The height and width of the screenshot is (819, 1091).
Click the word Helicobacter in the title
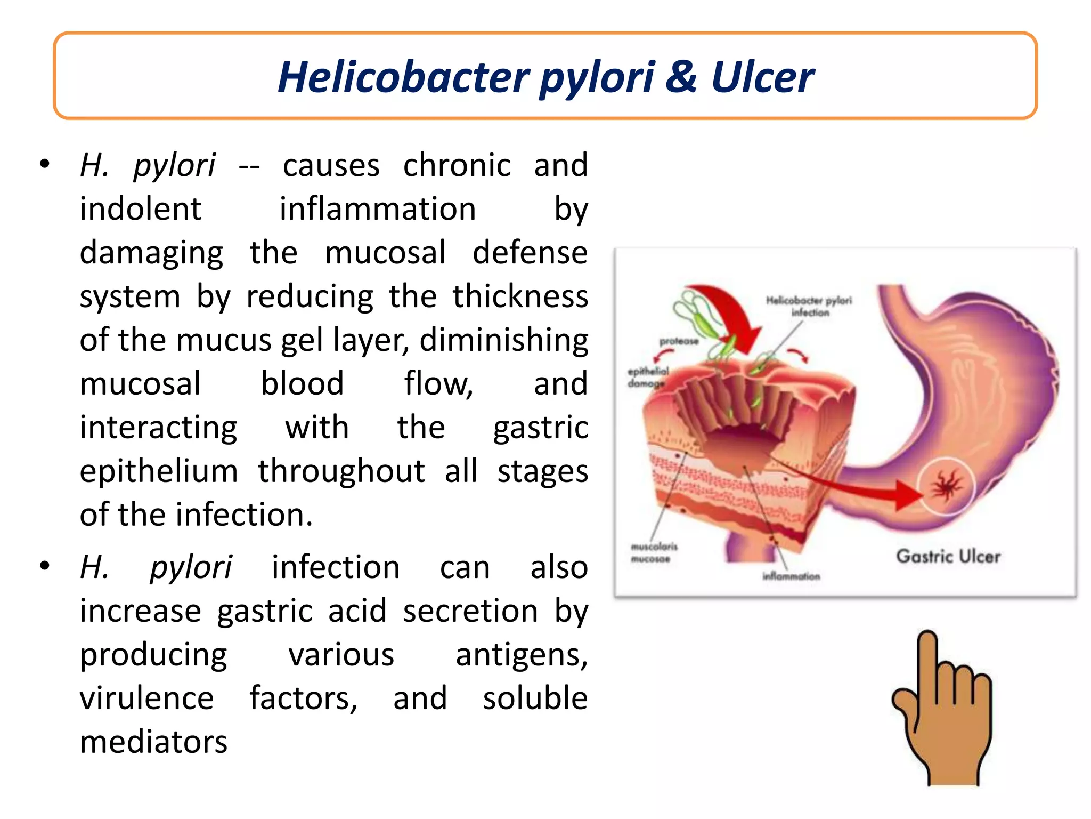click(403, 77)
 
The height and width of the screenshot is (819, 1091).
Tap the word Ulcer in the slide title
click(762, 77)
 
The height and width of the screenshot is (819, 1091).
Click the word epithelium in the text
click(159, 471)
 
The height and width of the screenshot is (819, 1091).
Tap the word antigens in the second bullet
click(522, 655)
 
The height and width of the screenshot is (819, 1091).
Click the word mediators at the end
click(154, 742)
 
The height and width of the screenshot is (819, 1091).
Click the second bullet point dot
click(45, 565)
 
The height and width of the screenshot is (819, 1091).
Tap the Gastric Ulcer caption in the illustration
click(948, 556)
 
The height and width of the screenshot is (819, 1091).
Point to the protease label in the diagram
click(679, 341)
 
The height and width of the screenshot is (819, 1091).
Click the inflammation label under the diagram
click(791, 576)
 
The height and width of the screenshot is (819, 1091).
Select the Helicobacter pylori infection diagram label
click(809, 306)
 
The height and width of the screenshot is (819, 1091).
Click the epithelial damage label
click(647, 377)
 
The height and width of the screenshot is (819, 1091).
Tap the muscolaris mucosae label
click(654, 552)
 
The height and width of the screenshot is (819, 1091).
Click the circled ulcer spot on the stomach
click(946, 487)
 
